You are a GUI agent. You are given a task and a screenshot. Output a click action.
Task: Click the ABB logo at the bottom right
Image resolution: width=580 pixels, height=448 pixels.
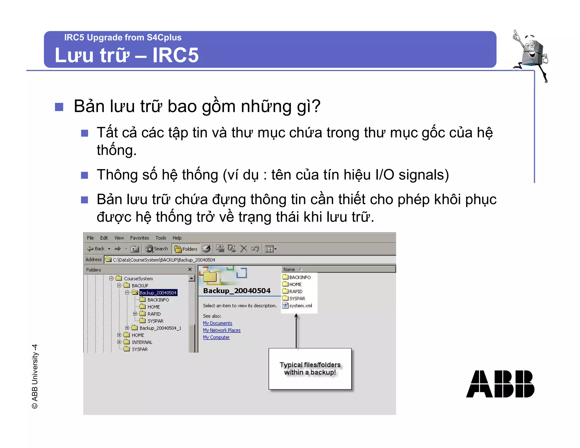coord(500,384)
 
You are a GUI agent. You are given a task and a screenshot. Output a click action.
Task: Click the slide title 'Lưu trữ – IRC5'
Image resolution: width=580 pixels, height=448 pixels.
coord(127,55)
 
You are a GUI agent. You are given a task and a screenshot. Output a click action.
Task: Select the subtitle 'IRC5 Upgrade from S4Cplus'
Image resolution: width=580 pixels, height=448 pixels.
coord(123,37)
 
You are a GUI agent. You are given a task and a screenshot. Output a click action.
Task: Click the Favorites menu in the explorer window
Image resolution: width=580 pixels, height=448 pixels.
coord(139,238)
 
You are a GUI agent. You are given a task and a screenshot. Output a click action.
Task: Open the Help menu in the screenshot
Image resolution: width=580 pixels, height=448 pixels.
coord(177,238)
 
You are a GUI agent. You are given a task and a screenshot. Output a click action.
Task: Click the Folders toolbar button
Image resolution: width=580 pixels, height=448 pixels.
coord(186,249)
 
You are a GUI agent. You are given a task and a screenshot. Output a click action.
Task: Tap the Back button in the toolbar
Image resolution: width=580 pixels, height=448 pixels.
coord(96,249)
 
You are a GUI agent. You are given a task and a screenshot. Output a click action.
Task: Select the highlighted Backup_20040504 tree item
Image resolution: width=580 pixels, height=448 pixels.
coord(158,293)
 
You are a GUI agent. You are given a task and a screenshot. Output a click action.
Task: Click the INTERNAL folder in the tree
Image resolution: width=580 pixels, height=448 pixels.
coord(142,342)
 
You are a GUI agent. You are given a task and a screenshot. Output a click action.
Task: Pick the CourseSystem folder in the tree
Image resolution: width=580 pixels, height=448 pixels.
coord(138,278)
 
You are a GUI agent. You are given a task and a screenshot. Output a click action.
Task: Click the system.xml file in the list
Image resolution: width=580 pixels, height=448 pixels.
coord(300,306)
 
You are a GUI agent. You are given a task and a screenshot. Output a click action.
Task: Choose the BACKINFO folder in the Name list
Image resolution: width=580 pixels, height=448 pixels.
coord(300,277)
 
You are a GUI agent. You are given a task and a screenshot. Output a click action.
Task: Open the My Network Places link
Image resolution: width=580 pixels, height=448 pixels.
coord(221,330)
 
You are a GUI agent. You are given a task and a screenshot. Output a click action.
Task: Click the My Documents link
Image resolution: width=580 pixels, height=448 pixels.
coord(217,323)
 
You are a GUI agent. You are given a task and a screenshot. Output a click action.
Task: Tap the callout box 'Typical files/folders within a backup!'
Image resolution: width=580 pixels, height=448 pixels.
coord(310,369)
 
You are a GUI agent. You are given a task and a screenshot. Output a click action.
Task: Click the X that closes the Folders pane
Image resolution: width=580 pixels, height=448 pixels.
coord(190,269)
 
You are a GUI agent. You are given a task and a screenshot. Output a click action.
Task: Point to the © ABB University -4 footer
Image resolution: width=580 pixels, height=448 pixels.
coord(35,377)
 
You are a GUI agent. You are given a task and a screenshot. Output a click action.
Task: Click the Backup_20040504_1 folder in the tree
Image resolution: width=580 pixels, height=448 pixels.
coord(160,328)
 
